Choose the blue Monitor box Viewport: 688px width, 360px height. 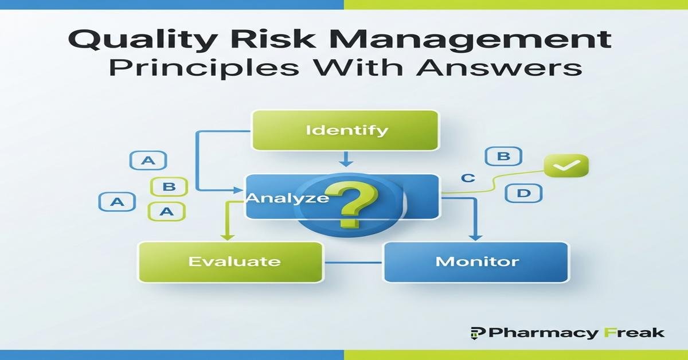click(476, 262)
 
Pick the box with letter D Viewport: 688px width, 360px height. click(523, 193)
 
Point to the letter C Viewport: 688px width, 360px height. click(468, 178)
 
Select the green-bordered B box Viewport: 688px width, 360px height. click(168, 187)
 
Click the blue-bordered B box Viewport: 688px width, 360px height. click(503, 156)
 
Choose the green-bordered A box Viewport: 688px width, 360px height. click(166, 211)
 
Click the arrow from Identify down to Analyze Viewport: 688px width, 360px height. click(345, 159)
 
